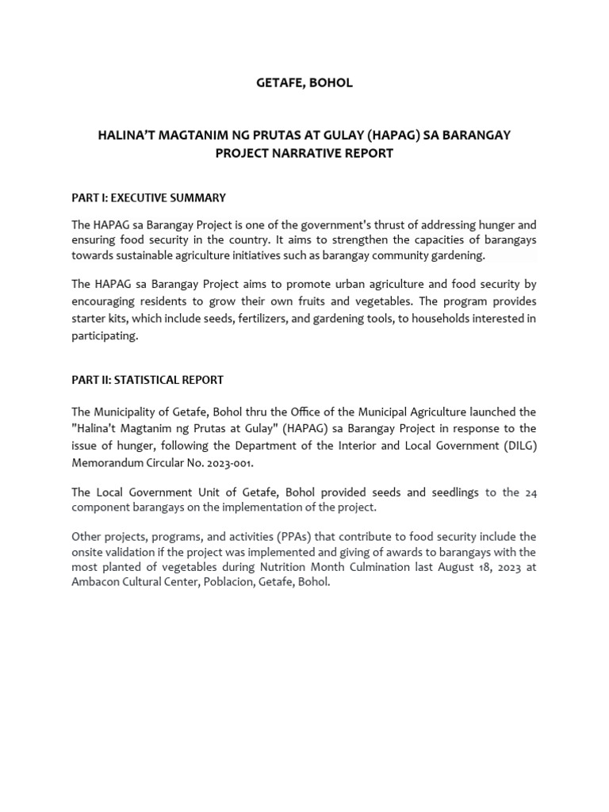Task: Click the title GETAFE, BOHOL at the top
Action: (304, 83)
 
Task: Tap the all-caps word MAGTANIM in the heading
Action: (186, 135)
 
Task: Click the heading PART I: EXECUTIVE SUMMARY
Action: (148, 197)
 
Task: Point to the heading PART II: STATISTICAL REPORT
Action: (147, 380)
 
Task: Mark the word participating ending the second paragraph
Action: (105, 336)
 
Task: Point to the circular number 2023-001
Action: (230, 463)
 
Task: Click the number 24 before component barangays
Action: (530, 492)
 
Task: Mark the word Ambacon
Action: (96, 583)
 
